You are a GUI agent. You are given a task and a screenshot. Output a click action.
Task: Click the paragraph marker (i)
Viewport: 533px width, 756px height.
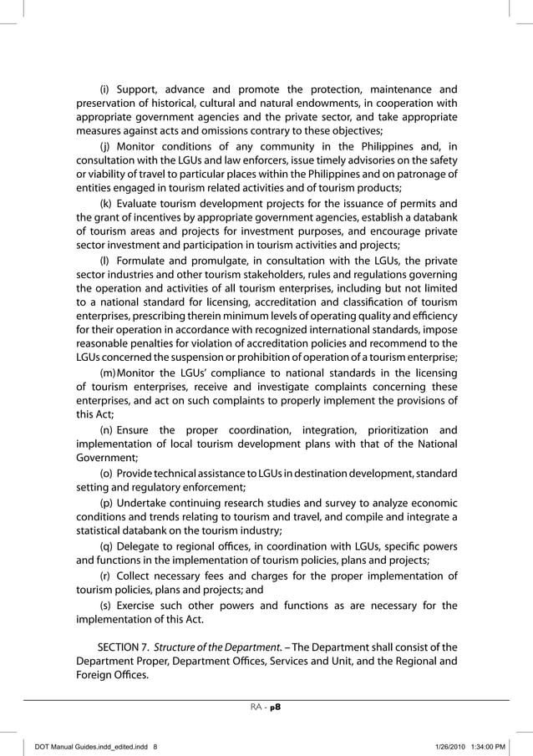(x=104, y=89)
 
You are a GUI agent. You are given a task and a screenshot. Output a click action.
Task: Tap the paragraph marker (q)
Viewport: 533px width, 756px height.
(x=106, y=546)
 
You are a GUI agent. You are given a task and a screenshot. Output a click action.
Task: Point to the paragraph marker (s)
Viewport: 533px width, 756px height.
(x=105, y=605)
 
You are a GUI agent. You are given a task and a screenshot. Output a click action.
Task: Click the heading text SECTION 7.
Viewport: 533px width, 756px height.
(x=124, y=648)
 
